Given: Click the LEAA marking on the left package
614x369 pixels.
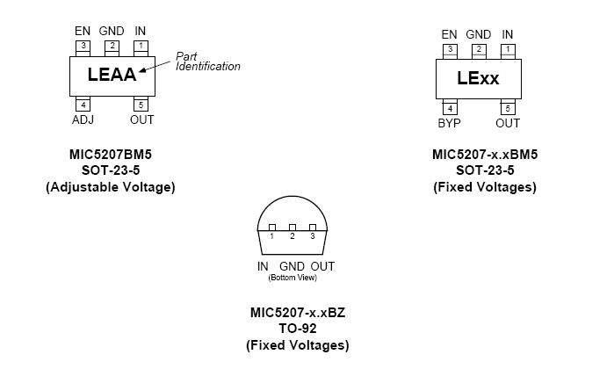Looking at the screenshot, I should [112, 75].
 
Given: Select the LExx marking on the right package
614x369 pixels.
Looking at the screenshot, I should [478, 77].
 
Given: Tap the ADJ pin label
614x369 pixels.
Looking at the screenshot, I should [82, 119].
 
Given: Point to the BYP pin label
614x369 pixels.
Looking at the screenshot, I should [449, 123].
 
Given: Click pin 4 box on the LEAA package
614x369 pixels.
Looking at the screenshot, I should [82, 105].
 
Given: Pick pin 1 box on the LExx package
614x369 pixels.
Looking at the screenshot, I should [508, 49].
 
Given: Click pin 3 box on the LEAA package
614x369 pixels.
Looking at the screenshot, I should [82, 46].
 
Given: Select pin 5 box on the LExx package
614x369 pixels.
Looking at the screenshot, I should [508, 109].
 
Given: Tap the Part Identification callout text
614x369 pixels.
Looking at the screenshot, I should [207, 61].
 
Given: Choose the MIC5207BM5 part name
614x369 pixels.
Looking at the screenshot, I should [111, 154].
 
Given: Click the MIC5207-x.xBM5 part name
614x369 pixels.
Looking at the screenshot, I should [485, 155].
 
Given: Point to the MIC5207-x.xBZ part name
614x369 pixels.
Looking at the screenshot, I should [297, 313].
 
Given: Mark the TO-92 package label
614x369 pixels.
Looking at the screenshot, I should [297, 329].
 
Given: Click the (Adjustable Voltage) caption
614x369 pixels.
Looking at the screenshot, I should [111, 186].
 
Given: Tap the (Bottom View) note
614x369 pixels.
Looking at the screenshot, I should [293, 279].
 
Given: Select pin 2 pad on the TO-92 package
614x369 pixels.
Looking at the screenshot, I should [293, 228].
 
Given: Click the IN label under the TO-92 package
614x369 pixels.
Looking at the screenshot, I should [263, 266].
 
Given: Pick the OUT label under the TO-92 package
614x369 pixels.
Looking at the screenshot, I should [322, 266].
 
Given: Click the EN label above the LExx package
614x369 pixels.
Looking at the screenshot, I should [449, 34].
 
